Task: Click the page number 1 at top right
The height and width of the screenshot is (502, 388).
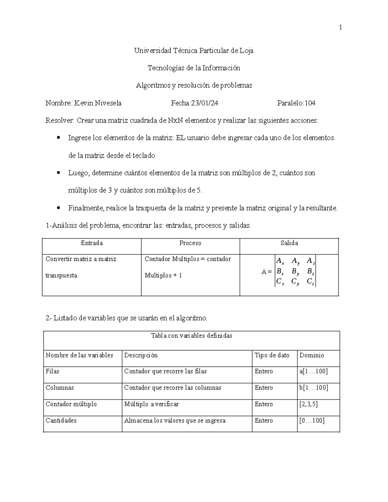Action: point(340,28)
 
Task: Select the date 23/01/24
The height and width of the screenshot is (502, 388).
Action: point(205,103)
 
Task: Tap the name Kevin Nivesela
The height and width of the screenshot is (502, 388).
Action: point(98,103)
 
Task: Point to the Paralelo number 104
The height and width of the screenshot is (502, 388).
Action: point(310,103)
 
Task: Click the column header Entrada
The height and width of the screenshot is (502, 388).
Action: point(92,243)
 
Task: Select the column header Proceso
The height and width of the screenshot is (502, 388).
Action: point(190,243)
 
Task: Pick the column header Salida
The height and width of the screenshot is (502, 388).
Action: point(289,243)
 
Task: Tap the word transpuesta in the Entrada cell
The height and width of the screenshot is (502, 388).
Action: point(61,276)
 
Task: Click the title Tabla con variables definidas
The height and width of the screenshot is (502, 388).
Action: point(191,336)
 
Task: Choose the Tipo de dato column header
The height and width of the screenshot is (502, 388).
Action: point(272,355)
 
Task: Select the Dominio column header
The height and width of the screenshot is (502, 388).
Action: point(312,355)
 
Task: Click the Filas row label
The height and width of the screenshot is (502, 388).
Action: point(52,371)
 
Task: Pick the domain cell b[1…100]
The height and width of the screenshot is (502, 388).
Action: point(314,388)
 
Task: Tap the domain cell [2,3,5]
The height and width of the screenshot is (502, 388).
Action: point(308,404)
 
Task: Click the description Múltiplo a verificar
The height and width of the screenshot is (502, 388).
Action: point(151,404)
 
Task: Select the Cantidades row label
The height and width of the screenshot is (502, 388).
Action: point(61,421)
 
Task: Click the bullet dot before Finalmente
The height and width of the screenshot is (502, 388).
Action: point(59,208)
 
